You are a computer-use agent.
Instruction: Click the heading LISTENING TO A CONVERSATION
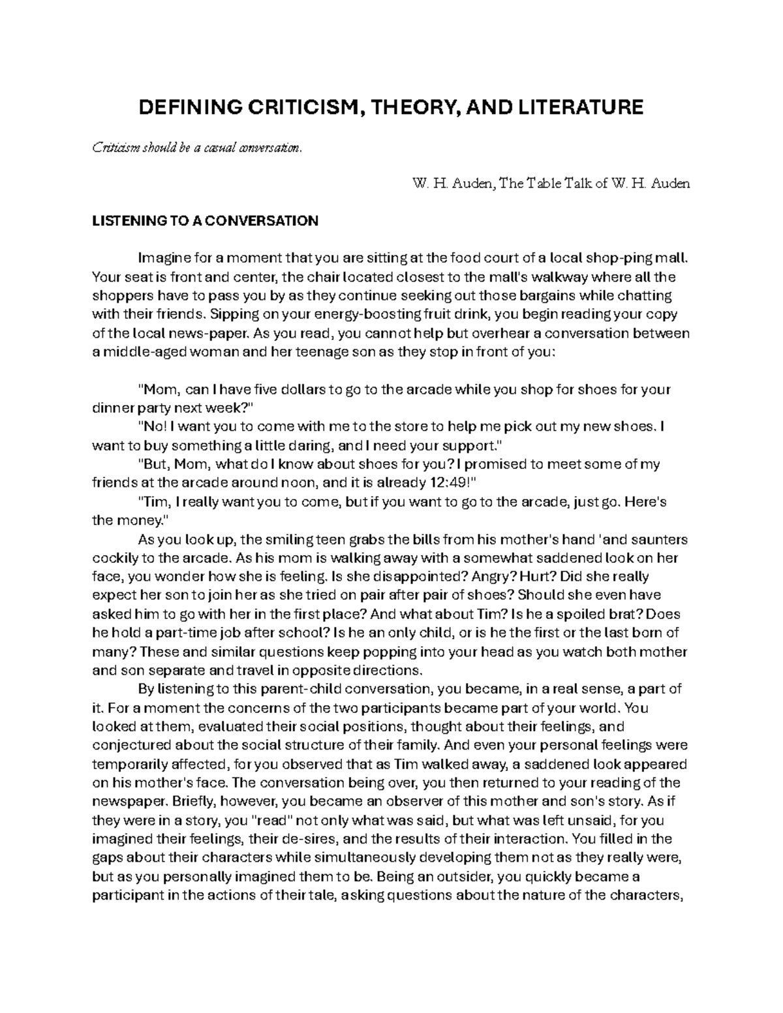click(x=206, y=221)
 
